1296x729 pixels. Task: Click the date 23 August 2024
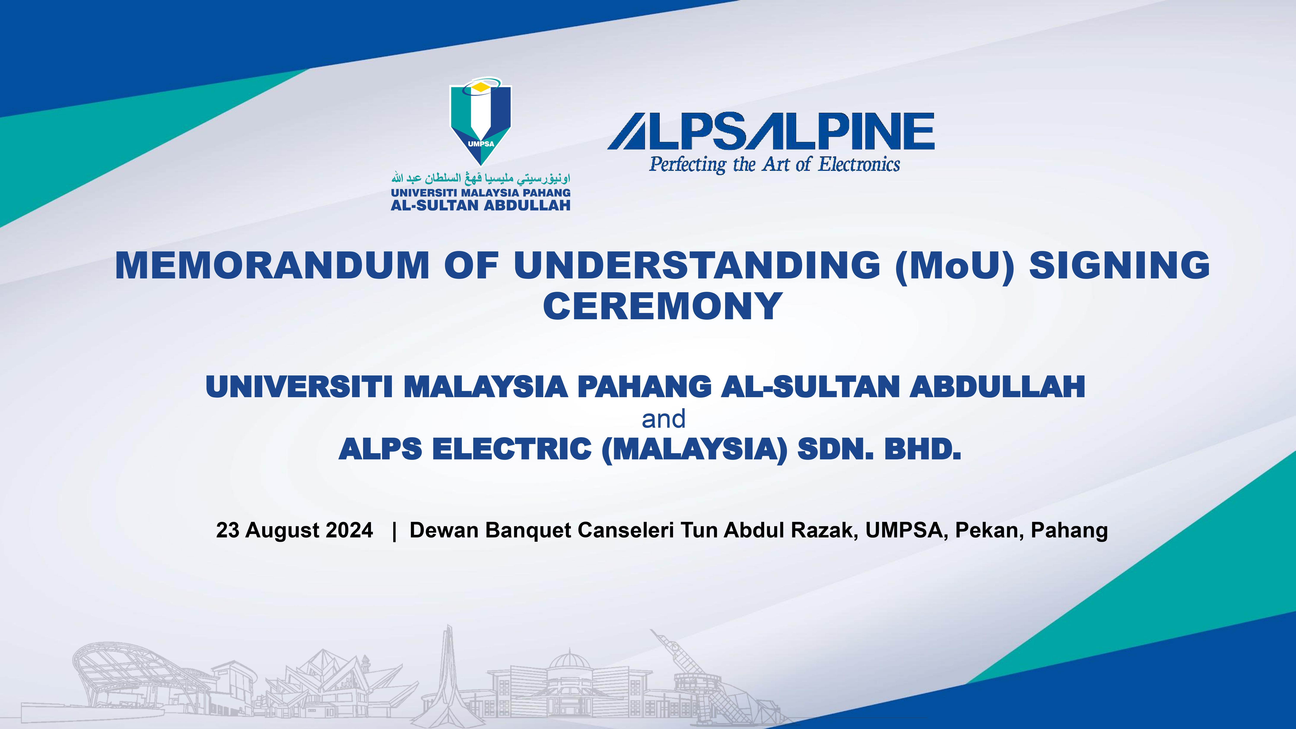(x=294, y=530)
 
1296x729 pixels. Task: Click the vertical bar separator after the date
(x=394, y=530)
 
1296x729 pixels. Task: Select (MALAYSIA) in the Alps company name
(x=694, y=449)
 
